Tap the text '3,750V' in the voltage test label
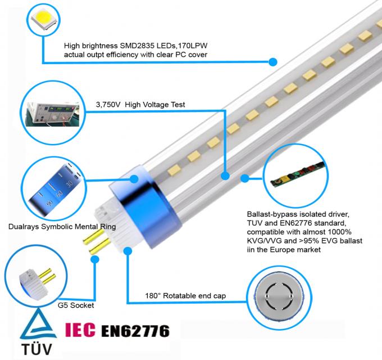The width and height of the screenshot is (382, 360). pyautogui.click(x=108, y=105)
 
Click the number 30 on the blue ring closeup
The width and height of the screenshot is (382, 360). pyautogui.click(x=69, y=184)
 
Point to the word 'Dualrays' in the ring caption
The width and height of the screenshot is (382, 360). pyautogui.click(x=24, y=227)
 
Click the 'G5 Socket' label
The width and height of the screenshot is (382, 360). pyautogui.click(x=76, y=305)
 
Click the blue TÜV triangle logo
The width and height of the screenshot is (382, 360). pyautogui.click(x=38, y=324)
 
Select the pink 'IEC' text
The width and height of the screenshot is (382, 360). pyautogui.click(x=80, y=330)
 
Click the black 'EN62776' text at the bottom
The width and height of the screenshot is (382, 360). pyautogui.click(x=135, y=331)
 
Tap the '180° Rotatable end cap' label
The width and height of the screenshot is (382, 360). pyautogui.click(x=185, y=296)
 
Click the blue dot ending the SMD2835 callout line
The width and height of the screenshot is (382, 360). pyautogui.click(x=273, y=62)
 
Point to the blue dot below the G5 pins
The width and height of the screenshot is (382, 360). pyautogui.click(x=95, y=259)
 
